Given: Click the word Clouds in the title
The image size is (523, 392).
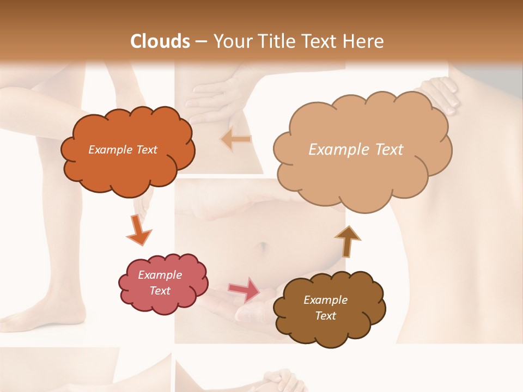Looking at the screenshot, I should (x=160, y=41).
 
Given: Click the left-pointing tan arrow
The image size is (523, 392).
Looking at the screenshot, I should (x=236, y=139).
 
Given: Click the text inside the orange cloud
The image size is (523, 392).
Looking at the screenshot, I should (x=123, y=150).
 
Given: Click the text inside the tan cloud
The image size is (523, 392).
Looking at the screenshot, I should (x=356, y=150).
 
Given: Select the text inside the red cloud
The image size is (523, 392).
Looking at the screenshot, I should (x=160, y=283).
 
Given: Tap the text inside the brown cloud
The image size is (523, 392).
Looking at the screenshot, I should (x=325, y=308).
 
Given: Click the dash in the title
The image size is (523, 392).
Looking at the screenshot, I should (x=200, y=41).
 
